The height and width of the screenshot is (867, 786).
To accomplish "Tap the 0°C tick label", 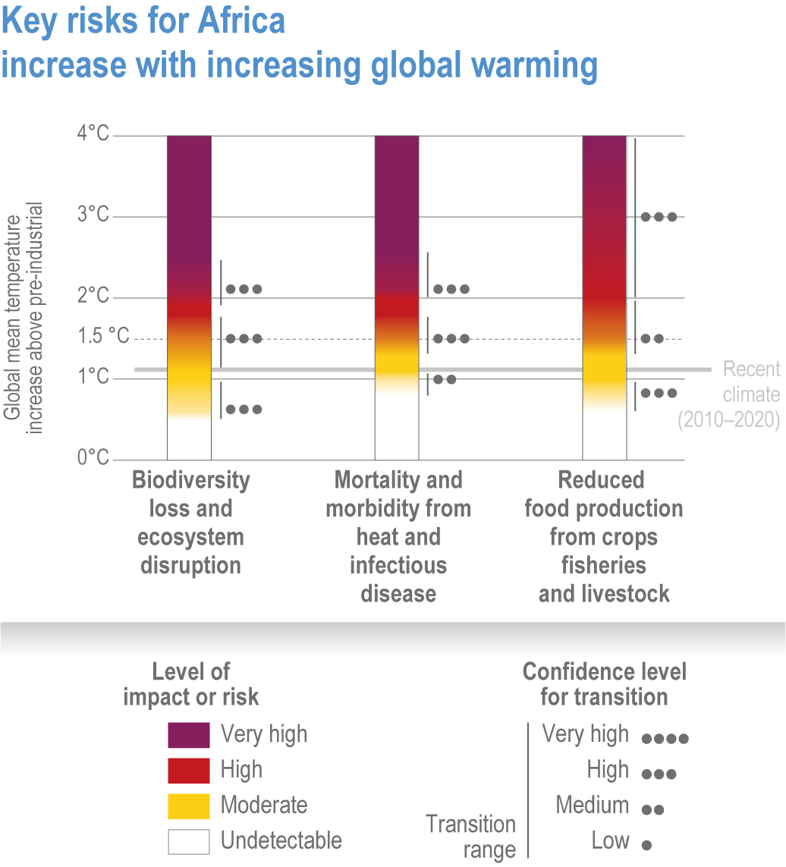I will coord(93,457).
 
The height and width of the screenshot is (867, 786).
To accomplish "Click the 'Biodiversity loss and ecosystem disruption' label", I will coord(190,523).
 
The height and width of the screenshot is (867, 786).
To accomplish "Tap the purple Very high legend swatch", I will coord(188,734).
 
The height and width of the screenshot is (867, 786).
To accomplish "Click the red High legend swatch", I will coord(188,770).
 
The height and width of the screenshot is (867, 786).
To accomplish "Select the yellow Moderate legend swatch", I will coord(188,806).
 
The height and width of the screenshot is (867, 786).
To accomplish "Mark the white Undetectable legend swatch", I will coord(188,841).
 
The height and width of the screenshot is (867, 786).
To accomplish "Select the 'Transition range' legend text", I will coord(470,837).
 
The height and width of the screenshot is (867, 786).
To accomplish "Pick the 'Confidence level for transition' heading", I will coord(605,684).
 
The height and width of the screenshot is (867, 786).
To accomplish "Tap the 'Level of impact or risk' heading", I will coord(190,684).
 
